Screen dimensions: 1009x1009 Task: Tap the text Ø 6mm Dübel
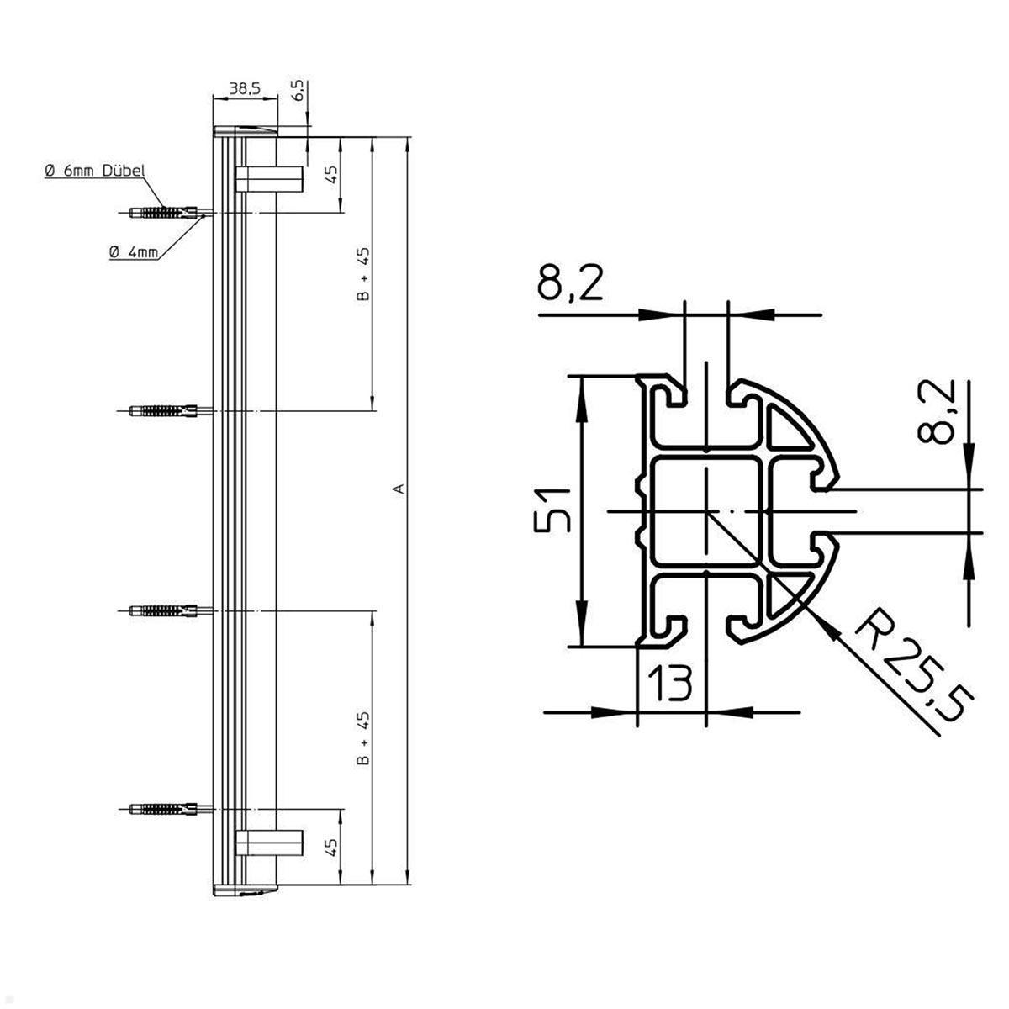(95, 171)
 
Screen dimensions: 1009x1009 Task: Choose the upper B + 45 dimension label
(362, 275)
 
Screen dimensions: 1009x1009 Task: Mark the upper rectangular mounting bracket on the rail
(269, 178)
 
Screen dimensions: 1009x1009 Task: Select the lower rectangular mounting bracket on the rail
(269, 842)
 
